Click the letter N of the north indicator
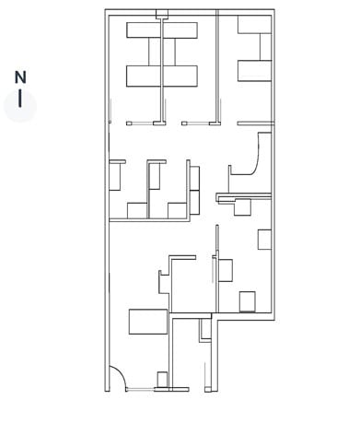pyautogui.click(x=20, y=77)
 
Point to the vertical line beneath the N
pyautogui.click(x=20, y=100)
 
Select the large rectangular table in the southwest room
pyautogui.click(x=147, y=322)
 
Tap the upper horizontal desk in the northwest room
pyautogui.click(x=163, y=31)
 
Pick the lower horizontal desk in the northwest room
pyautogui.click(x=163, y=76)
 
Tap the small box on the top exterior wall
pyautogui.click(x=162, y=14)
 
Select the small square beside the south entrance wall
pyautogui.click(x=162, y=379)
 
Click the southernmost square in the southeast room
pyautogui.click(x=247, y=300)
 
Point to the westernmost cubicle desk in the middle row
pyautogui.click(x=117, y=175)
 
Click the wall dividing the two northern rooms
pyautogui.click(x=217, y=65)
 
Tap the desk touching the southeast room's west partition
pyautogui.click(x=225, y=270)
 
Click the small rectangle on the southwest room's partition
pyautogui.click(x=164, y=276)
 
